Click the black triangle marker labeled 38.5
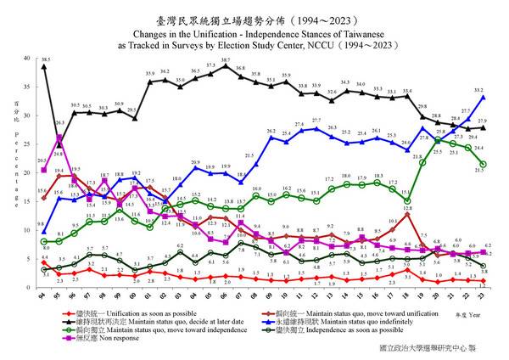coord(43,66)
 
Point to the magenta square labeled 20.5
coord(43,170)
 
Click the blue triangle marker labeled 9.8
coord(43,232)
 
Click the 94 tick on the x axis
coord(43,295)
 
